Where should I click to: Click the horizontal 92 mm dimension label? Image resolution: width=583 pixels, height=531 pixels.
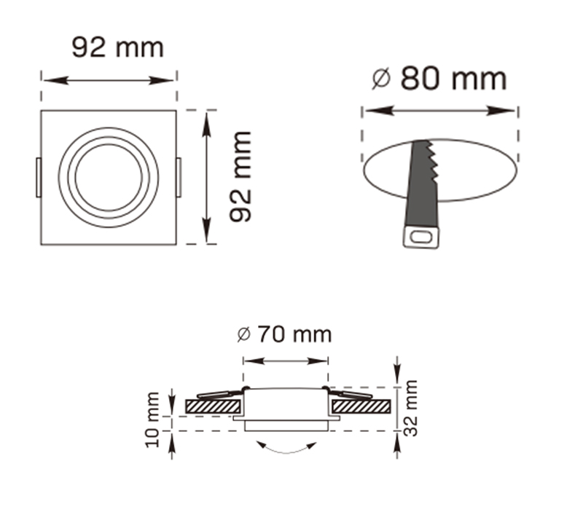click(x=117, y=47)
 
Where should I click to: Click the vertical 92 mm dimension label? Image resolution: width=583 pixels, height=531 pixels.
click(x=240, y=177)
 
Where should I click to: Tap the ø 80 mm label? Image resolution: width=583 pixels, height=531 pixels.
click(x=439, y=79)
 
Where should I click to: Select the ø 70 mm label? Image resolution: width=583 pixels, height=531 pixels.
click(x=284, y=334)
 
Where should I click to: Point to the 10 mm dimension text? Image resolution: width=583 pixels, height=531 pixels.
click(x=152, y=420)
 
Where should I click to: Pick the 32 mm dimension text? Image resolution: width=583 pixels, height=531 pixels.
click(x=410, y=408)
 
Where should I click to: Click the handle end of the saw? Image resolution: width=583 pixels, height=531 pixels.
click(x=421, y=236)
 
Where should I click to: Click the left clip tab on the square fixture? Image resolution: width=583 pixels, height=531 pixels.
click(x=39, y=178)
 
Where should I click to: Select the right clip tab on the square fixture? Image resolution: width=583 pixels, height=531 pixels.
click(x=179, y=178)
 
